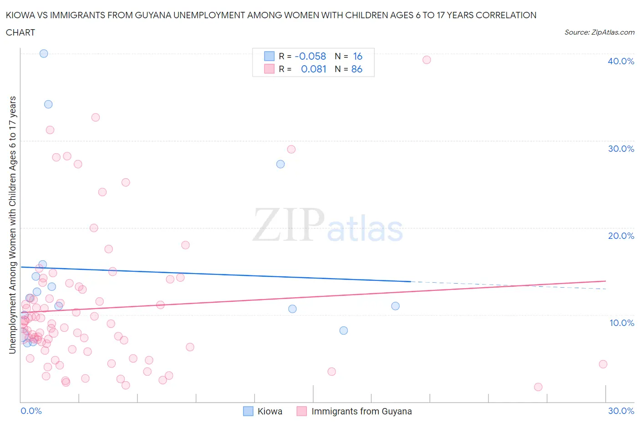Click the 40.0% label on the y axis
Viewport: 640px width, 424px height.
coord(620,61)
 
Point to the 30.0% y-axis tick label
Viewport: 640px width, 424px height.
coord(620,149)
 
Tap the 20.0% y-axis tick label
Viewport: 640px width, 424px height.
coord(620,236)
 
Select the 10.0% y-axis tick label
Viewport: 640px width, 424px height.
coord(621,323)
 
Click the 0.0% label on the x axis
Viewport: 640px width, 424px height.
coord(31,411)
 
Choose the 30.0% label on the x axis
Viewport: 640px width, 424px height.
coord(621,411)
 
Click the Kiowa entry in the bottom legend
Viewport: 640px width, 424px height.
coord(269,411)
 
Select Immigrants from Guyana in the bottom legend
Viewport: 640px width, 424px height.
coord(361,411)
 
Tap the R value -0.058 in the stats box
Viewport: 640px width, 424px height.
coord(310,56)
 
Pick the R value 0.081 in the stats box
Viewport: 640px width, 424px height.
coord(314,69)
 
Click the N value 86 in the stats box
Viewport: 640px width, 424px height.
coord(357,69)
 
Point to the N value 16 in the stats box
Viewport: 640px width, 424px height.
coord(358,56)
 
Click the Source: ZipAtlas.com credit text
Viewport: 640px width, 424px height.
coord(599,32)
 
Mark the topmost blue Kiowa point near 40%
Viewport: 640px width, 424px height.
coord(44,53)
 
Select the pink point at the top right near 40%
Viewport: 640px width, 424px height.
coord(427,60)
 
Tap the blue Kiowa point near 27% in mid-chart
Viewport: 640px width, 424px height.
coord(280,164)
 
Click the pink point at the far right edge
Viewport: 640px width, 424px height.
coord(603,364)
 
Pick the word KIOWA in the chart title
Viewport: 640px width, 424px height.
coord(19,15)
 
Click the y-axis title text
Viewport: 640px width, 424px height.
coord(13,225)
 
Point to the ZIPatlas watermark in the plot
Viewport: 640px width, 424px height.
coord(328,225)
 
